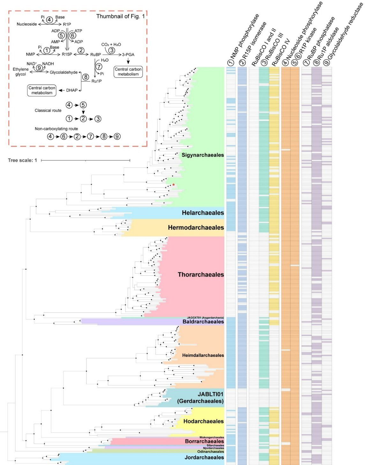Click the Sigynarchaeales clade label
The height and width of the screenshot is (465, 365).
click(x=203, y=155)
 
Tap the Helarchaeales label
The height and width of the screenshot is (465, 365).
click(x=203, y=213)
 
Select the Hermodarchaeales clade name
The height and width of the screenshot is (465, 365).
click(x=196, y=228)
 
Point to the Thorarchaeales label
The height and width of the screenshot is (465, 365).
click(x=201, y=274)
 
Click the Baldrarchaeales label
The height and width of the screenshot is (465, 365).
click(x=203, y=322)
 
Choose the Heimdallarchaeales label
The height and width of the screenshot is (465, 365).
click(x=203, y=355)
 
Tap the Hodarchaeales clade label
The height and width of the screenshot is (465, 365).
click(x=203, y=421)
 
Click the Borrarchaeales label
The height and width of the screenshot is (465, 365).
click(x=204, y=441)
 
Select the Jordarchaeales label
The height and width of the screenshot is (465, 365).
click(x=204, y=457)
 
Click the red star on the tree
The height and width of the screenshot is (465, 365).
click(x=173, y=185)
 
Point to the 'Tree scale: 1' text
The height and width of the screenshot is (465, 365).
click(x=22, y=160)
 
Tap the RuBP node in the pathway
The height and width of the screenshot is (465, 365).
click(x=95, y=55)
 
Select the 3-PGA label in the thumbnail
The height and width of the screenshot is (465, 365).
click(x=128, y=55)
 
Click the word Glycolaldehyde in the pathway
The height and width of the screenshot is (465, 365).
click(x=63, y=72)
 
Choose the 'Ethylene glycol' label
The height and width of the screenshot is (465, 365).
click(x=21, y=72)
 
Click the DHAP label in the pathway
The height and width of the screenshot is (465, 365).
click(x=72, y=90)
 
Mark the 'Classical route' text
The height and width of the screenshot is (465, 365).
click(x=48, y=110)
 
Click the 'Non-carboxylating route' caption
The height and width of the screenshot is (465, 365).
click(x=56, y=129)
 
